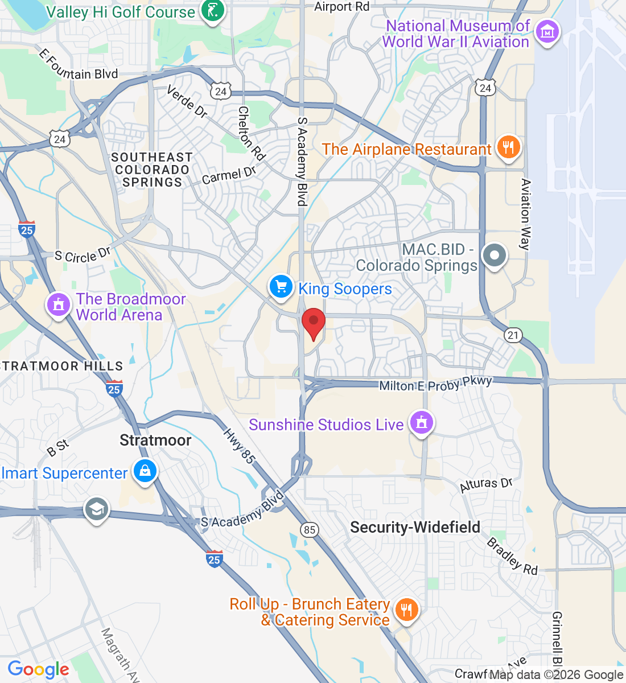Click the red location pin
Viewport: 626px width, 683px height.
click(313, 323)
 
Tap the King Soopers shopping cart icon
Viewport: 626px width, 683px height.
click(281, 286)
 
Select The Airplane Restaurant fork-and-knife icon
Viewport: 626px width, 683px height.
click(508, 147)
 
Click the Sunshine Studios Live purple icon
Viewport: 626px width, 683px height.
click(421, 423)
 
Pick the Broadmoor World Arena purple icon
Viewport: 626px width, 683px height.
click(58, 305)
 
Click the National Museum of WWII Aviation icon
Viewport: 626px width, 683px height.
click(547, 32)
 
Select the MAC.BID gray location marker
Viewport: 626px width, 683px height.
click(494, 256)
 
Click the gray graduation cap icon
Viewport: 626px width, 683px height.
click(97, 509)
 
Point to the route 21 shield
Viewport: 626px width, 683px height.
click(513, 335)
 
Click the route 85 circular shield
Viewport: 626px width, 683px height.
click(309, 530)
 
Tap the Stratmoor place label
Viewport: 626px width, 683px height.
click(155, 440)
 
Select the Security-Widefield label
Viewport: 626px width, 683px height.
click(415, 527)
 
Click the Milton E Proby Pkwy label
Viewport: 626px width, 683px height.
click(435, 384)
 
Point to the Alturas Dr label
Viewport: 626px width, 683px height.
click(486, 484)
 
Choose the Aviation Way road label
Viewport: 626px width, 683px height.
click(525, 214)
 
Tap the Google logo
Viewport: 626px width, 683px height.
click(39, 669)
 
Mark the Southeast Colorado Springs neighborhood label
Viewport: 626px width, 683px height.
click(152, 170)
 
